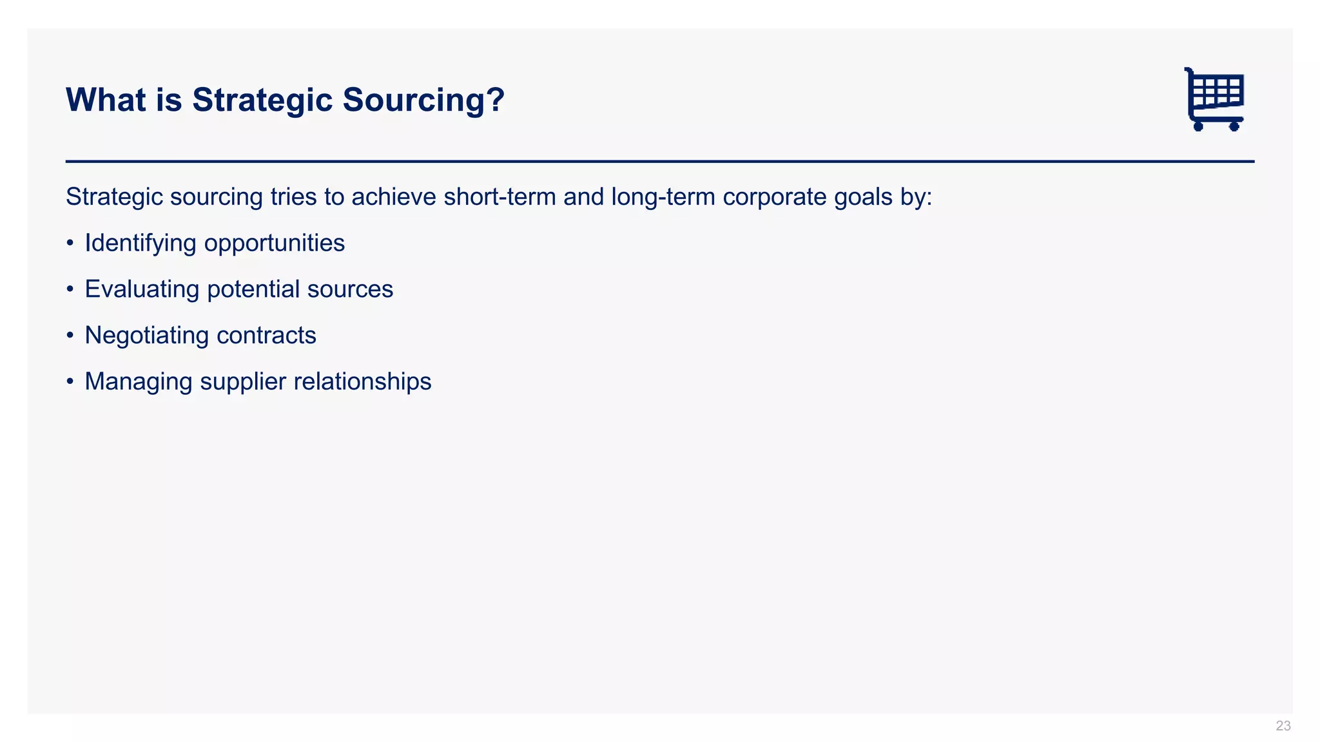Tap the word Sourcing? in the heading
point(423,100)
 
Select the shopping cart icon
point(1214,99)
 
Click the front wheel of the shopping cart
point(1234,126)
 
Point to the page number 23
point(1283,726)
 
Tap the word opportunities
point(275,243)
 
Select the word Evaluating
point(142,289)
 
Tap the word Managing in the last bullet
point(139,381)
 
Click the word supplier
point(243,381)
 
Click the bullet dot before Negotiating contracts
point(70,336)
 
